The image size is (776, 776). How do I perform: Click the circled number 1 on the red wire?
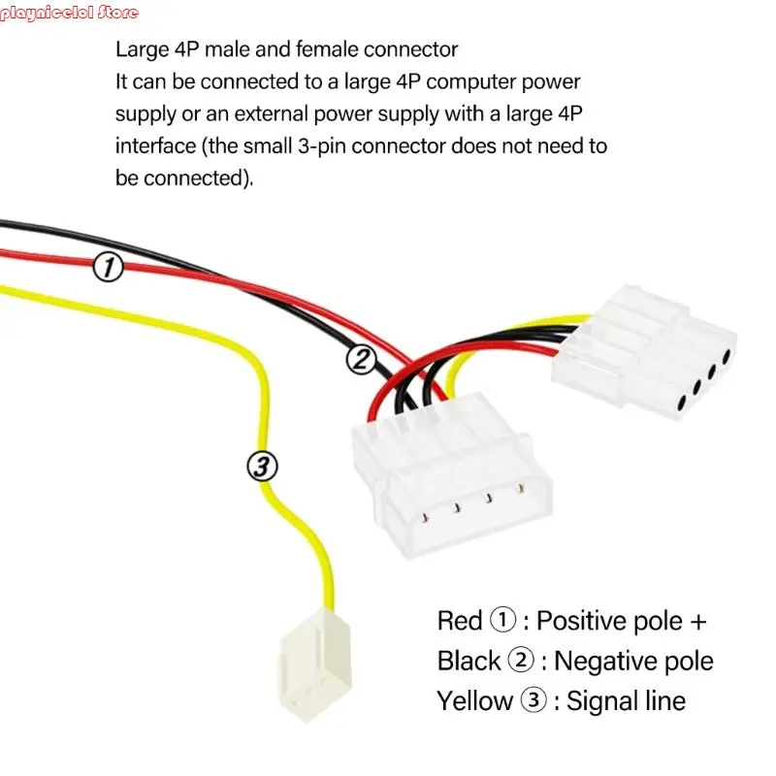click(x=108, y=267)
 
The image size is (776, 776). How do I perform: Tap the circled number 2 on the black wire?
click(x=361, y=360)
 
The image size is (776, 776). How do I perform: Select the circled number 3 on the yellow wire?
click(x=262, y=467)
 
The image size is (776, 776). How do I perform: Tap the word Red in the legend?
click(x=460, y=620)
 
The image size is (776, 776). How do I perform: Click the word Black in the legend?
click(x=469, y=661)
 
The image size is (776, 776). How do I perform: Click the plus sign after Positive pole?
click(x=697, y=620)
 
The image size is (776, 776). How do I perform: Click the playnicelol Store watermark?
click(x=70, y=13)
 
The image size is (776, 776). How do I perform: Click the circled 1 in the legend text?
click(x=502, y=620)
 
